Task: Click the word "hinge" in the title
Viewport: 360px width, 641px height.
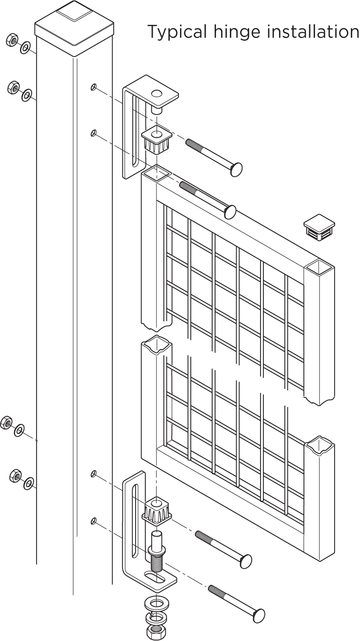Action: [237, 32]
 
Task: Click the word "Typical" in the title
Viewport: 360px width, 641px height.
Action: [177, 32]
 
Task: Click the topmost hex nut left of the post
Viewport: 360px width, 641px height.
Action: [12, 40]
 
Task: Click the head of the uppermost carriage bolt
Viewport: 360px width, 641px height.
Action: [235, 170]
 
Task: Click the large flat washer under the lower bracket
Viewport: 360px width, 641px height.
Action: [157, 604]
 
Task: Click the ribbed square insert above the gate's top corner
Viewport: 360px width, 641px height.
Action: [157, 140]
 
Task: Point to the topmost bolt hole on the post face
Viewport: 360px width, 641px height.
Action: [93, 87]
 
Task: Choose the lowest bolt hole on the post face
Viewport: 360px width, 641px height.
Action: [93, 521]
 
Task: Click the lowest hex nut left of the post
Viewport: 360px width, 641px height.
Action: [16, 476]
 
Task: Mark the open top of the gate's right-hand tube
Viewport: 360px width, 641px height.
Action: [319, 267]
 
